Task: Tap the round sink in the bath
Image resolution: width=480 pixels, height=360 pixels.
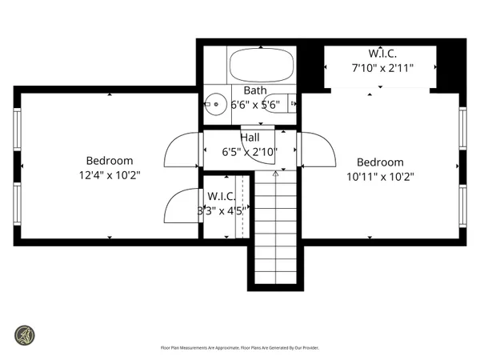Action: coord(214,103)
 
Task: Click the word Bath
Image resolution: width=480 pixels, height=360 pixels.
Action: coord(255,90)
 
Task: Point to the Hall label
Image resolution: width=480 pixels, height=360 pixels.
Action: coord(250,137)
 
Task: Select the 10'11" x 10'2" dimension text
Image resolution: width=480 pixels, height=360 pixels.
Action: coord(380,176)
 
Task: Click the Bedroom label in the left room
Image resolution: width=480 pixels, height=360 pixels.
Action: coord(110,161)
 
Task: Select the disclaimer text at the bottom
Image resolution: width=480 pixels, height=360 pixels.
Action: coord(240,348)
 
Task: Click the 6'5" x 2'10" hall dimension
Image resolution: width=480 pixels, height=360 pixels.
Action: coord(250,150)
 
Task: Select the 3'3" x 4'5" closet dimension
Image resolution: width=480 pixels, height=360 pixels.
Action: coord(220,211)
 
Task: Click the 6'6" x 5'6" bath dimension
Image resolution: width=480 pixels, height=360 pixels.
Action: coord(255,104)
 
